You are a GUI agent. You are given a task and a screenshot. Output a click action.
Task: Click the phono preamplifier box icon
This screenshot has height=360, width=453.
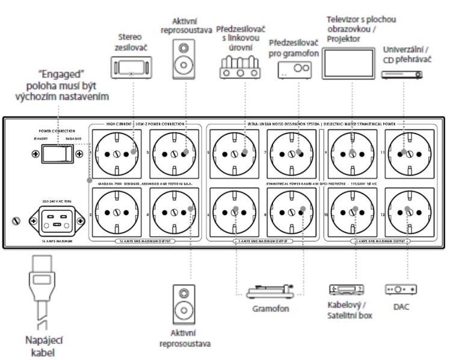pos(294,70)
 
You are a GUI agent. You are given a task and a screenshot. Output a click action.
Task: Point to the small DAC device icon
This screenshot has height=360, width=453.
pos(401,290)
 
